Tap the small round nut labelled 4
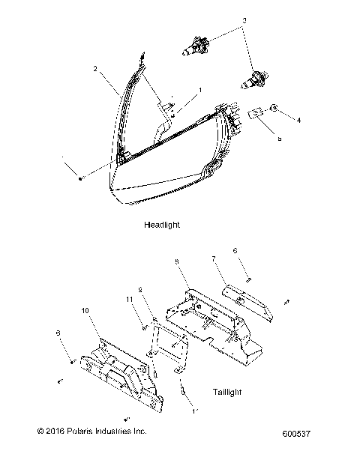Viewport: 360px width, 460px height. (x=275, y=109)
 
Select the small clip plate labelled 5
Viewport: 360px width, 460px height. (x=257, y=114)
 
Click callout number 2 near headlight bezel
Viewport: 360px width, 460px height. (x=96, y=69)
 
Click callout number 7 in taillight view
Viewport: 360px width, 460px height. (x=213, y=258)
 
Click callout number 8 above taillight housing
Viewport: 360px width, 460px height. (x=175, y=262)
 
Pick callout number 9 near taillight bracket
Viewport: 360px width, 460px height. (x=139, y=288)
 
